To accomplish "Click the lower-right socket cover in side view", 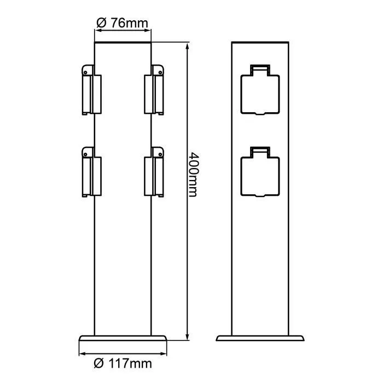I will click(156, 172).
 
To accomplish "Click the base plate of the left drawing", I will click(123, 339).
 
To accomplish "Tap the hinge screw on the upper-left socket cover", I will click(86, 71).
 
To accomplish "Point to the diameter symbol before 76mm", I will click(100, 23).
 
